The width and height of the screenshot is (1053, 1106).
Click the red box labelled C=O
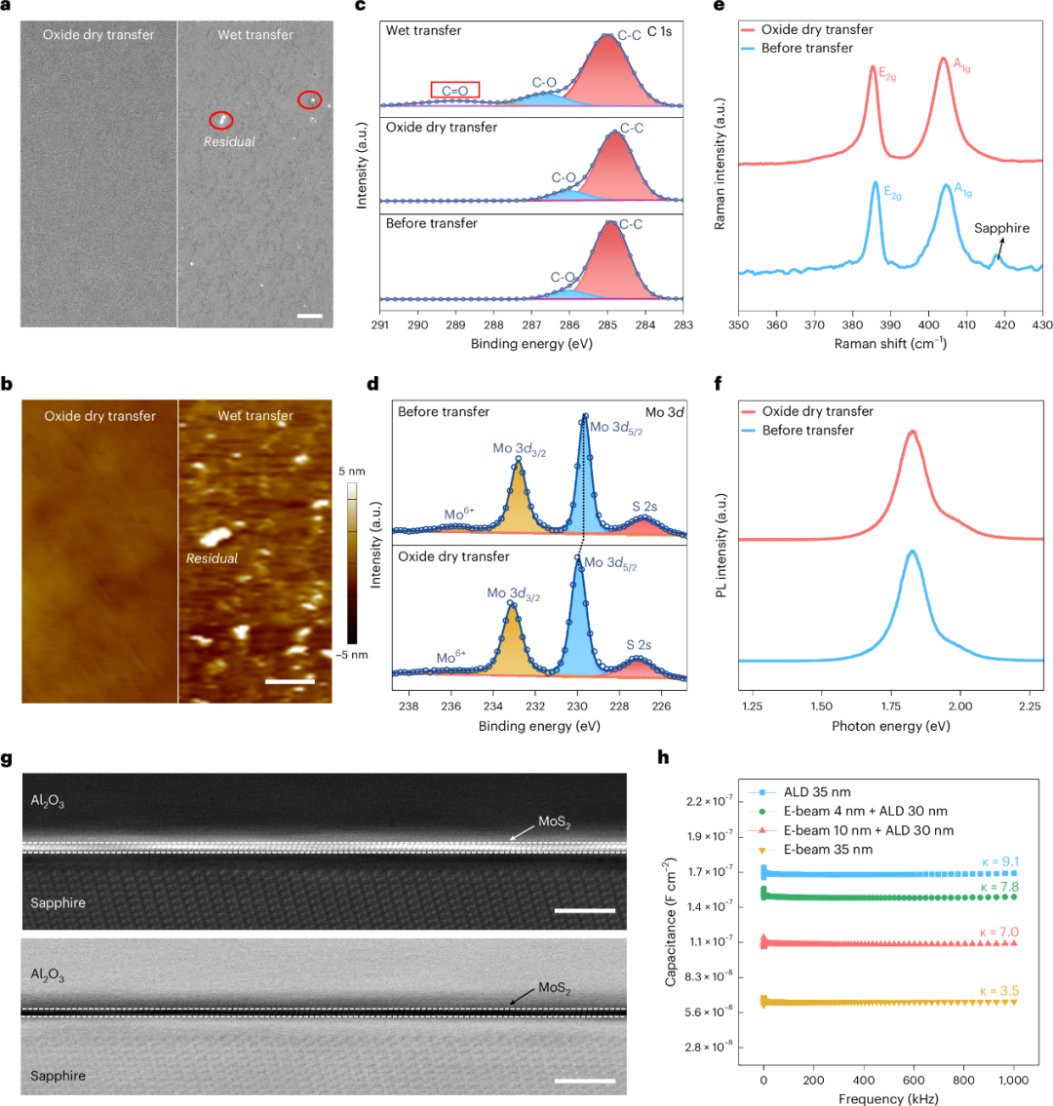pos(454,90)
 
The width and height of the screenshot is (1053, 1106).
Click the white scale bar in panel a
pos(309,316)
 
